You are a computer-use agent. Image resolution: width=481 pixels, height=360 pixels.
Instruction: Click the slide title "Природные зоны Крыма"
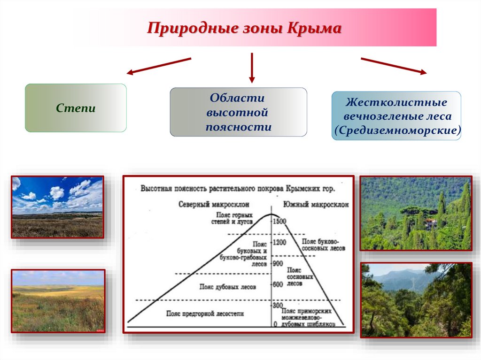point(244,28)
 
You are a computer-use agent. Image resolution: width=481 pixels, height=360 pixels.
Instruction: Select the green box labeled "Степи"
point(76,108)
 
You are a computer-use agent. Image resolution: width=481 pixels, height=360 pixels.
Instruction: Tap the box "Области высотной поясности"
point(238,112)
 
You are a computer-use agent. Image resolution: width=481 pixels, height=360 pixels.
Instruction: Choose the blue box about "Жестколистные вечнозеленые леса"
point(396,116)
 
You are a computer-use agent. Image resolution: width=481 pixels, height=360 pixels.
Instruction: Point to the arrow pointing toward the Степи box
point(159,66)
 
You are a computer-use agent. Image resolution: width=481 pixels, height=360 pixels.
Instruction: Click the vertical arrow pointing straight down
point(252,68)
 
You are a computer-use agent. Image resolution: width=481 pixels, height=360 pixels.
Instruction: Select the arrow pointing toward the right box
point(394,66)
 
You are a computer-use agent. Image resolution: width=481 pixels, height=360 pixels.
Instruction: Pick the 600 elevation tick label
point(278,284)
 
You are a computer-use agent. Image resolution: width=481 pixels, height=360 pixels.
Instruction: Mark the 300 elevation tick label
point(278,306)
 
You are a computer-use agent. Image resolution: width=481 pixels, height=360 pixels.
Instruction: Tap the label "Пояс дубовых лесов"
point(227,286)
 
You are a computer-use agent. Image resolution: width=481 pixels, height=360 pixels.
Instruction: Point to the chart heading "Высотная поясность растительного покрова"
point(238,189)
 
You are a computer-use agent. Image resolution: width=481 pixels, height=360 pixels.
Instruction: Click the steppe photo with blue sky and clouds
point(57,207)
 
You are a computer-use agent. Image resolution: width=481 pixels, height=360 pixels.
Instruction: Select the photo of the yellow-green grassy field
point(58,301)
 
